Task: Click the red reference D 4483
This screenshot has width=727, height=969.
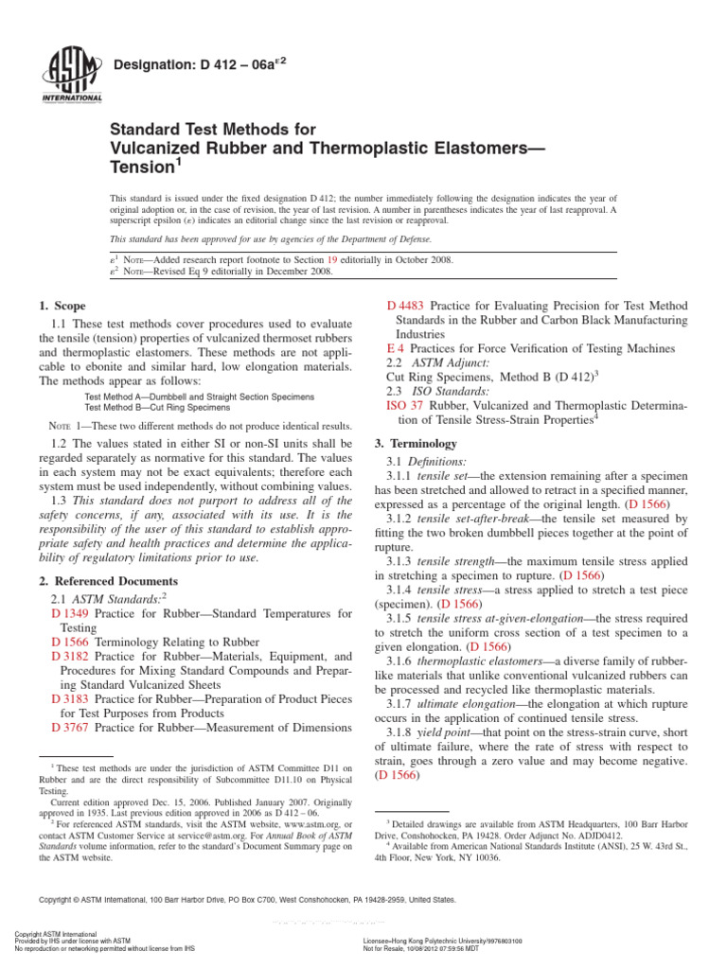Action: click(406, 305)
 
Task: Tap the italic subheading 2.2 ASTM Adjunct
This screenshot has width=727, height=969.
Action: click(426, 361)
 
